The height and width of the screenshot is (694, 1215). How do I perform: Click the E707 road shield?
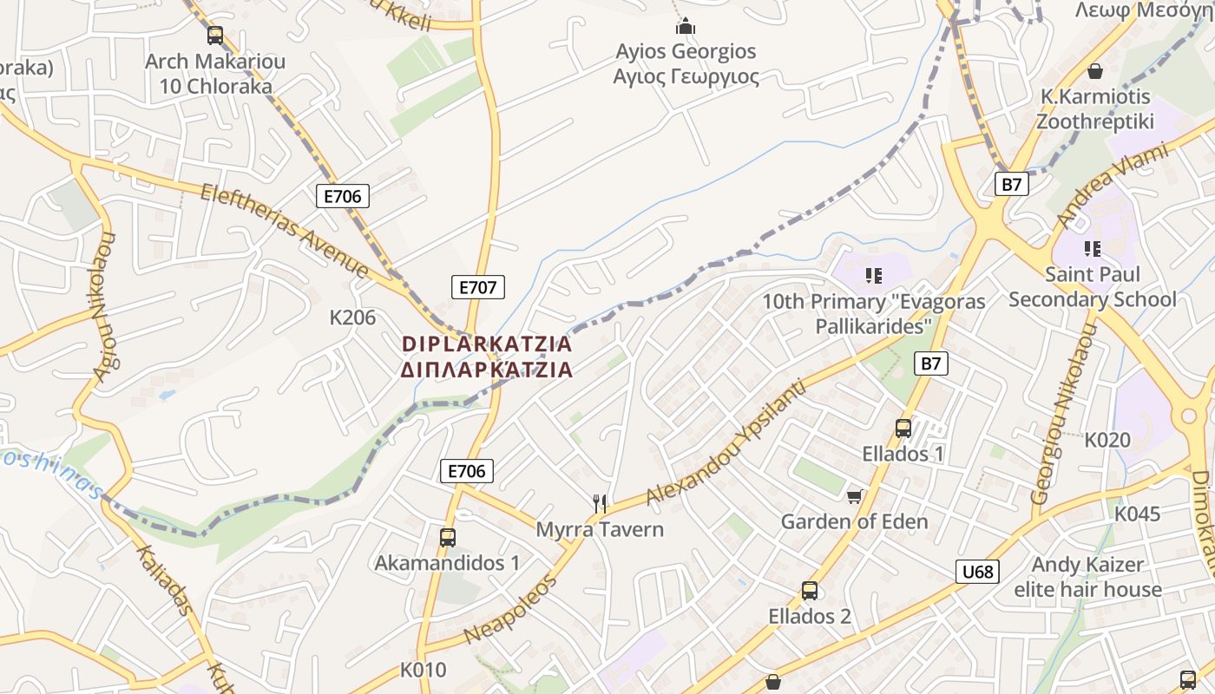[477, 287]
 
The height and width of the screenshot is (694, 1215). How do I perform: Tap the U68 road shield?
[977, 572]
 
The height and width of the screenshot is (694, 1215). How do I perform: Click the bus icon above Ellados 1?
[903, 428]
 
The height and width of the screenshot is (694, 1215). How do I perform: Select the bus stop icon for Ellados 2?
[810, 591]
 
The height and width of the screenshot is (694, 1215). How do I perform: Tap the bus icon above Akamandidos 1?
[447, 537]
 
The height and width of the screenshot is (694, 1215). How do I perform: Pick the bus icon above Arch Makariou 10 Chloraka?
[215, 36]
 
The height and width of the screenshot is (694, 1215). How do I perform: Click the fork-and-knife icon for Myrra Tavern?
[599, 503]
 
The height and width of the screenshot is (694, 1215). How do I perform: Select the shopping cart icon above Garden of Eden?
[855, 496]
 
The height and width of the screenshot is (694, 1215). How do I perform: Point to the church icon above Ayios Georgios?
[686, 26]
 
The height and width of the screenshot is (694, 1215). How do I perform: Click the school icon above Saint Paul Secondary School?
[1092, 249]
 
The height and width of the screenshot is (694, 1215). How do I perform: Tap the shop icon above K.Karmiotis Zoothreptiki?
[1094, 70]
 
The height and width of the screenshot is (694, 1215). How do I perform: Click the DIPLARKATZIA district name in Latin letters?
[487, 344]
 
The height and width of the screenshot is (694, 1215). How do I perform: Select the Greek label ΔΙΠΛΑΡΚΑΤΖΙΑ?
[487, 370]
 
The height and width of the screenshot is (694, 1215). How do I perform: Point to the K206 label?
[352, 318]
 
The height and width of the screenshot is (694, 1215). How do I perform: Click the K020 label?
[1107, 440]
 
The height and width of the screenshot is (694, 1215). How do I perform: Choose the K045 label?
[1137, 514]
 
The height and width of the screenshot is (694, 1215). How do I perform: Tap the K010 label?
[424, 670]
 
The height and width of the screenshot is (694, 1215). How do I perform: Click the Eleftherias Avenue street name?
[285, 231]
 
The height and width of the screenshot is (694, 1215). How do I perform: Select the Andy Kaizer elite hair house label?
[1087, 577]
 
